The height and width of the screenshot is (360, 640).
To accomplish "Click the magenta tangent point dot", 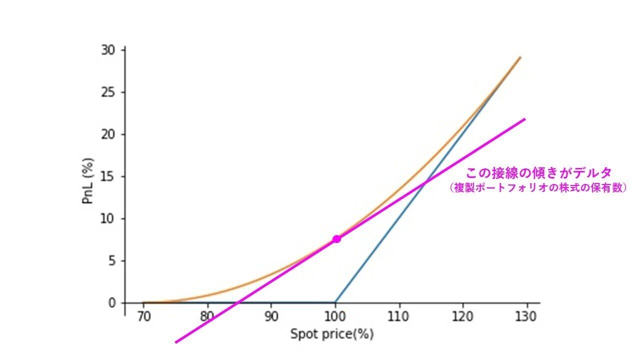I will pyautogui.click(x=336, y=239).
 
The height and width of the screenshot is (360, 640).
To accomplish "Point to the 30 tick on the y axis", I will pyautogui.click(x=109, y=50).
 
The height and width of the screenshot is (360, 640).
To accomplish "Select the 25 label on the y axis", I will pyautogui.click(x=109, y=92).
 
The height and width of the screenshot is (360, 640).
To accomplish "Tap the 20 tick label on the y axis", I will pyautogui.click(x=109, y=134).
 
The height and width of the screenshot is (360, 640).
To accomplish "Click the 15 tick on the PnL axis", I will pyautogui.click(x=109, y=176).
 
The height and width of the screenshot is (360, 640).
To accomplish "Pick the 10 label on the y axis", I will pyautogui.click(x=109, y=218).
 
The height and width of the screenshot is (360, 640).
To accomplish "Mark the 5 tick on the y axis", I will pyautogui.click(x=112, y=260).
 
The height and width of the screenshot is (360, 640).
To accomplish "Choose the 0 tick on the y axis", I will pyautogui.click(x=112, y=302).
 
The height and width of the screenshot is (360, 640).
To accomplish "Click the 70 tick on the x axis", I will pyautogui.click(x=143, y=317).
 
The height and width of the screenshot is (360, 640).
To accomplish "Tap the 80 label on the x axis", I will pyautogui.click(x=207, y=317).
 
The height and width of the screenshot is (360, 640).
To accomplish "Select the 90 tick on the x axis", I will pyautogui.click(x=271, y=317).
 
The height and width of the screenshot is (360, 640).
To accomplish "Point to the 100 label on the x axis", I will pyautogui.click(x=335, y=317).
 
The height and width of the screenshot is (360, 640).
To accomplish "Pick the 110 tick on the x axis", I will pyautogui.click(x=399, y=317).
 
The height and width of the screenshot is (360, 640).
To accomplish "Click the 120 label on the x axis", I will pyautogui.click(x=463, y=317).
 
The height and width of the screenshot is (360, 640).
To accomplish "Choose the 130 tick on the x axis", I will pyautogui.click(x=526, y=317).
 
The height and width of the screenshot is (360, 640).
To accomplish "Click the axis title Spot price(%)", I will pyautogui.click(x=332, y=334).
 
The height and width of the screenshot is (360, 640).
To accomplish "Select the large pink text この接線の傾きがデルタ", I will pyautogui.click(x=538, y=173).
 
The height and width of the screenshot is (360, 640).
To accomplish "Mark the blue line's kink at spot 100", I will pyautogui.click(x=335, y=302).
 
